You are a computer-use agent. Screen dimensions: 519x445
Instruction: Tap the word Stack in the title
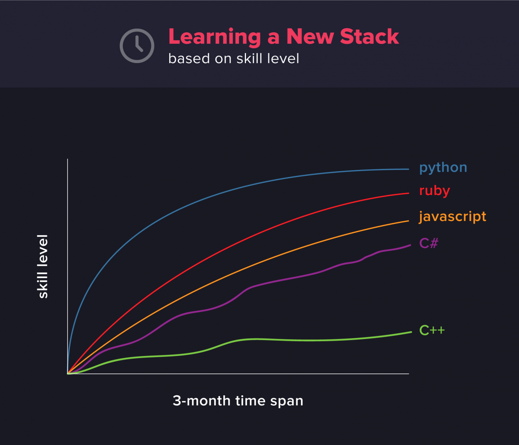point(369,37)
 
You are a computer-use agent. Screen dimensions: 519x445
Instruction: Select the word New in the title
point(310,37)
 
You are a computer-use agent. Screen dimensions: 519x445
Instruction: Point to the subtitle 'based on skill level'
point(234,59)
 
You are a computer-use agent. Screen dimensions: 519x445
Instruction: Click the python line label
point(443,168)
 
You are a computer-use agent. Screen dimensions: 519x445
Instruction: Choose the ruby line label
point(435,191)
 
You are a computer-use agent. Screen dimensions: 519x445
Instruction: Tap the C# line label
point(429,243)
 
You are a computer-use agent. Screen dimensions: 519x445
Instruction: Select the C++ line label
point(432,330)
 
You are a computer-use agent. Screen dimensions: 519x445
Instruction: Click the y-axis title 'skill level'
point(42,267)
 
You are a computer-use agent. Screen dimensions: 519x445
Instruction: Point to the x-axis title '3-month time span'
point(238,400)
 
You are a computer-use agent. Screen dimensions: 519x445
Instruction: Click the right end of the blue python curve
point(409,169)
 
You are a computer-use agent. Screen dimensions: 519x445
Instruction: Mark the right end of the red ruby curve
point(409,193)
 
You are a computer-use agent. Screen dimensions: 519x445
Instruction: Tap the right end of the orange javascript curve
point(409,221)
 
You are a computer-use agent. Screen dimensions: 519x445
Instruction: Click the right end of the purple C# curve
point(410,245)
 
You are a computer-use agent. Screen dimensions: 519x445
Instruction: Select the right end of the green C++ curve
point(411,332)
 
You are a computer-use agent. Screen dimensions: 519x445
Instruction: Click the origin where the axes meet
point(68,374)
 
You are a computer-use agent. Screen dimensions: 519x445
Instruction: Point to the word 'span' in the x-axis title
point(287,402)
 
